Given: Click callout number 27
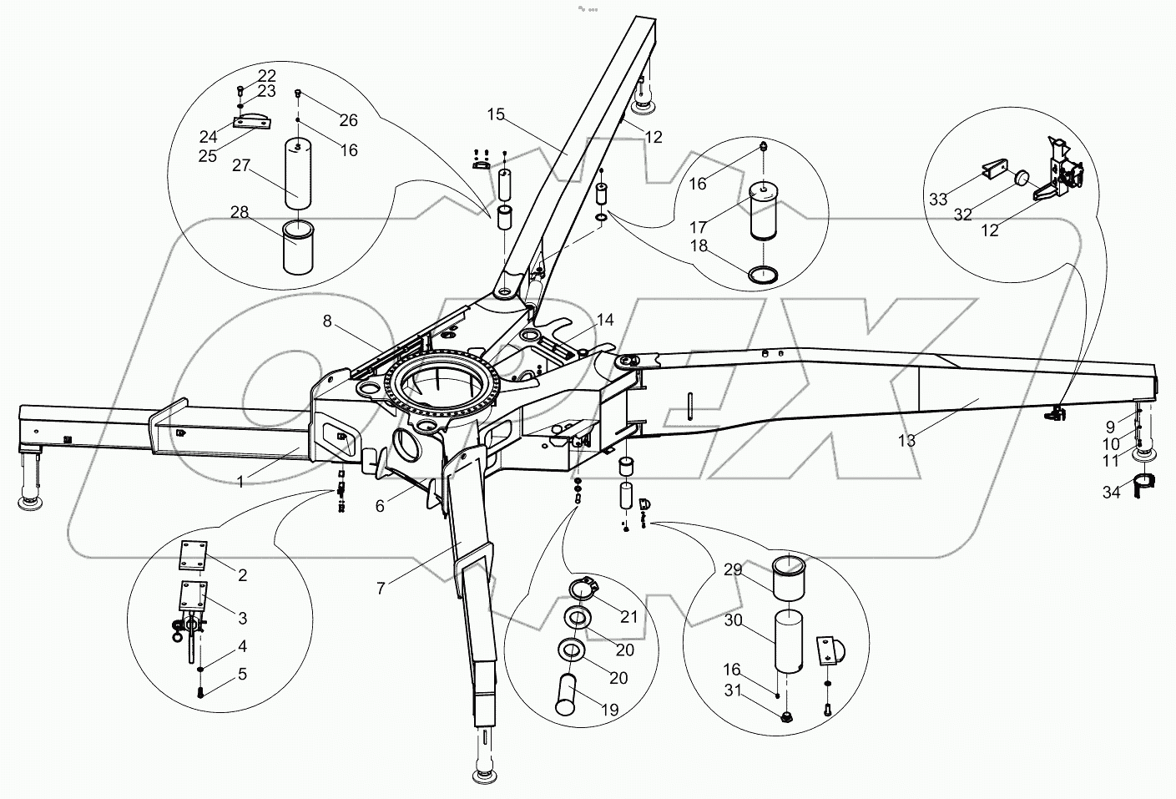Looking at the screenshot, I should point(240,165).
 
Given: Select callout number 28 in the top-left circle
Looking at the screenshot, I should point(240,213).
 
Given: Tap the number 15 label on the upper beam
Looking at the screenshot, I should point(496,114).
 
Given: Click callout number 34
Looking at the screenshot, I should point(1111,493).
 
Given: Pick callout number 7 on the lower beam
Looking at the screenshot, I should point(381,588).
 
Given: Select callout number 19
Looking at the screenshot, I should point(609,710).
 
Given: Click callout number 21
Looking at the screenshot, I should point(628,616).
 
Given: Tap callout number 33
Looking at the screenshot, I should point(937,199).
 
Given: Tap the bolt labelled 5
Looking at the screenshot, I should point(201,691).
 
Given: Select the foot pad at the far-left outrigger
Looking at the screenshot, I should point(30,503).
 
